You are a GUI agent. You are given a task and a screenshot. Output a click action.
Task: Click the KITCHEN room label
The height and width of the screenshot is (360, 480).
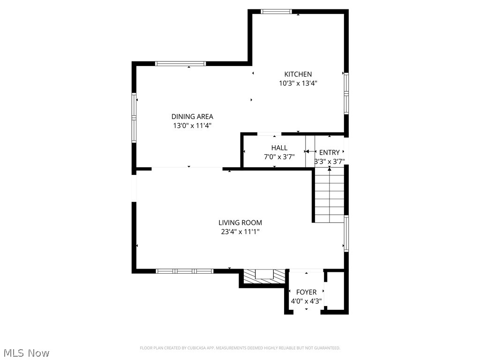click(x=298, y=74)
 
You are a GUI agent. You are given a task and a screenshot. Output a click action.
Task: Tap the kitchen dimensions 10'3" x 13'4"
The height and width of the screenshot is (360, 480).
click(x=298, y=83)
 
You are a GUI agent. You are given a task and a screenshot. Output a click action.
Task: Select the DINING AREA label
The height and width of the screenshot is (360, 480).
click(x=192, y=117)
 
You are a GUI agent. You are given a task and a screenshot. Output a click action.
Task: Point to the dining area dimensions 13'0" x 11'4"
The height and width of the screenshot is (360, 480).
click(x=192, y=126)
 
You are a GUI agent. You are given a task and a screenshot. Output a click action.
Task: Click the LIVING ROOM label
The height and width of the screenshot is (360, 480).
click(x=240, y=223)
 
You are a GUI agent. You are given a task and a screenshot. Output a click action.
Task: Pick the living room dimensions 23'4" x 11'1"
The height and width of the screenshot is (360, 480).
click(x=240, y=232)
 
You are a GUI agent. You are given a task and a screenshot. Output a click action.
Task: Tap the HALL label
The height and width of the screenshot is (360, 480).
click(x=279, y=148)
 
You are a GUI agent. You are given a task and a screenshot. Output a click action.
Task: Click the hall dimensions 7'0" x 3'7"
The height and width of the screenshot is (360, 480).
click(x=279, y=157)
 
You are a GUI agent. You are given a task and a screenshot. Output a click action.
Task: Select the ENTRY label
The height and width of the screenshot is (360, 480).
click(x=329, y=152)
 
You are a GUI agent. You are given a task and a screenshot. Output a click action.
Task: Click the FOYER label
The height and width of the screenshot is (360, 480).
click(x=306, y=292)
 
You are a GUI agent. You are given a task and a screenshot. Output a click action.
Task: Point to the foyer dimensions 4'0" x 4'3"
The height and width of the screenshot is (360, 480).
click(x=306, y=301)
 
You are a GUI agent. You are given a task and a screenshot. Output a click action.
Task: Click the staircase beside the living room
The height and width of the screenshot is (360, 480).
click(x=329, y=196)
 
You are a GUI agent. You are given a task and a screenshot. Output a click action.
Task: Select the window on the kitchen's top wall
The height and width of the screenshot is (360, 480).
click(x=276, y=12)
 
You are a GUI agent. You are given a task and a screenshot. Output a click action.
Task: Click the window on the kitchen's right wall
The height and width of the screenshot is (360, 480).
click(x=346, y=93)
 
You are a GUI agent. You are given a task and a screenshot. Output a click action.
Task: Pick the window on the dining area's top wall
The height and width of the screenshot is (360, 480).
click(x=180, y=64)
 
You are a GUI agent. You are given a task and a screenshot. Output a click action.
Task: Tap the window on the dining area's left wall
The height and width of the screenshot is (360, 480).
click(x=134, y=118)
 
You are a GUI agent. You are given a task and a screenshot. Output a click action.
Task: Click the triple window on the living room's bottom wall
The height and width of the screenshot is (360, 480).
click(x=185, y=271)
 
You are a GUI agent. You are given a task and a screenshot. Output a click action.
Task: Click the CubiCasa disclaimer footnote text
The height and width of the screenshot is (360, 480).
click(x=240, y=348)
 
